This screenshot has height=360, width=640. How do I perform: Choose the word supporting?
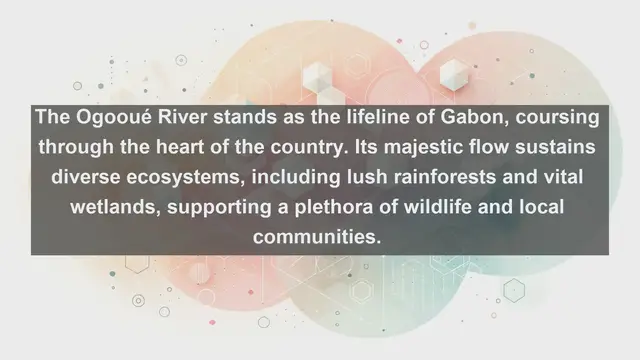click(227, 209)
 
